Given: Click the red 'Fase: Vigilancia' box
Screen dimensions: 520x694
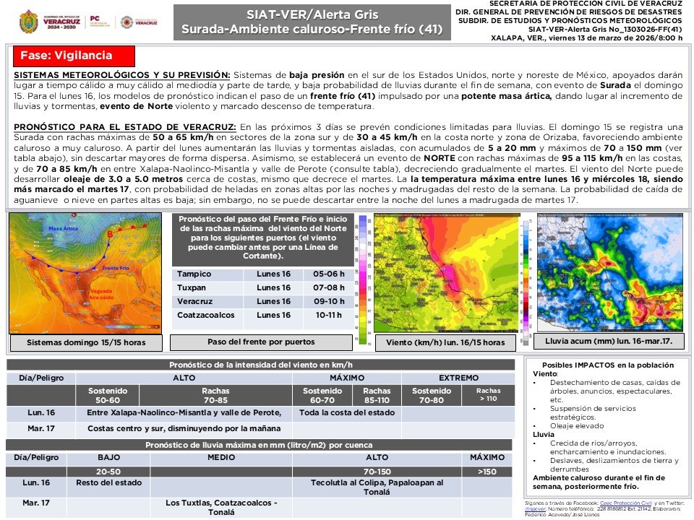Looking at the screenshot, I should pyautogui.click(x=73, y=56).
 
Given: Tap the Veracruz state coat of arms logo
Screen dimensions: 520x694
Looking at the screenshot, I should pyautogui.click(x=28, y=22).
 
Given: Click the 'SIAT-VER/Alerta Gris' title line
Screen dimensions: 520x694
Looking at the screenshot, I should pyautogui.click(x=312, y=14).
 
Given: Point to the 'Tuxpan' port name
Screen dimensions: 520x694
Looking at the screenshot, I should pyautogui.click(x=192, y=288).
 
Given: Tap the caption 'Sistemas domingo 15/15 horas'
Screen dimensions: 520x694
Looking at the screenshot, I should pyautogui.click(x=85, y=342).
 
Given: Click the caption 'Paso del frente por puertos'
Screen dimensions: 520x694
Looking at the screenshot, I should pyautogui.click(x=261, y=342).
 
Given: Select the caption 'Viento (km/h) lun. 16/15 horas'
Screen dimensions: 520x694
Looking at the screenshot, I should pyautogui.click(x=445, y=342).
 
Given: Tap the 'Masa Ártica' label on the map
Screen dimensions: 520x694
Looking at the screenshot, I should pyautogui.click(x=63, y=228).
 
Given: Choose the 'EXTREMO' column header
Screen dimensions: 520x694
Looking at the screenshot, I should pyautogui.click(x=459, y=378).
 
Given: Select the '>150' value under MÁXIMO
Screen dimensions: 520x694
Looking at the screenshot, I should pyautogui.click(x=487, y=471).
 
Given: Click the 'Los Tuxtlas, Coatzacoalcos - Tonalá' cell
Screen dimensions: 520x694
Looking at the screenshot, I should pyautogui.click(x=221, y=507).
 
